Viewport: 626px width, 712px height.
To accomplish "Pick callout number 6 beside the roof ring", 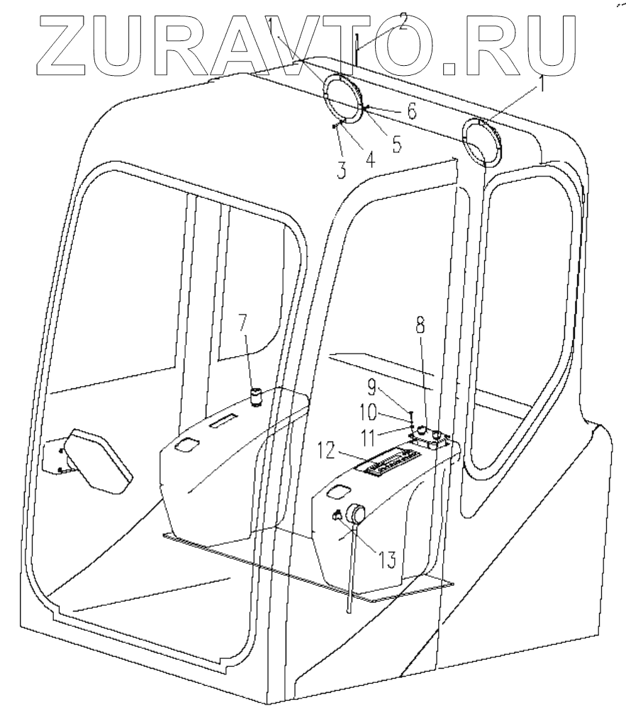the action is click(x=411, y=111).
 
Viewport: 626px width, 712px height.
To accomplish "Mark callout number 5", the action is click(x=396, y=144).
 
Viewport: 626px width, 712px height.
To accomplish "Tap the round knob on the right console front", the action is click(x=356, y=514).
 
